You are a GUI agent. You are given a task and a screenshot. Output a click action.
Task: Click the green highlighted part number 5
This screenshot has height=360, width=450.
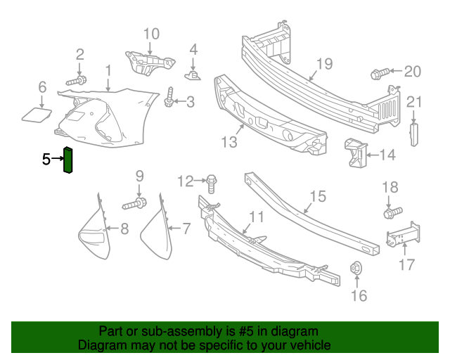click(x=69, y=160)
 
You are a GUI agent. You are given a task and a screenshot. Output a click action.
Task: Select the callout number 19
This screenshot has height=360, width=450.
click(x=323, y=65)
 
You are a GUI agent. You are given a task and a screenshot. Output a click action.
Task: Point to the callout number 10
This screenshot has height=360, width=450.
click(x=151, y=34)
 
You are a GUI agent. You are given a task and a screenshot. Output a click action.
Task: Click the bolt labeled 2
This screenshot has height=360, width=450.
click(x=78, y=80)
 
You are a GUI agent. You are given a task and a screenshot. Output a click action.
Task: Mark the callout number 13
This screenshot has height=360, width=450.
click(x=229, y=143)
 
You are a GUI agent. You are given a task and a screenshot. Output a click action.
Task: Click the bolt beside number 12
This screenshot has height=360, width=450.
click(x=211, y=185)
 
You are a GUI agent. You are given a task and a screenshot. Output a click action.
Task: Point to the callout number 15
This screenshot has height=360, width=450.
click(x=318, y=196)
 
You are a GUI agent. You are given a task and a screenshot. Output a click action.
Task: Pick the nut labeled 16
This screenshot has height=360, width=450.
click(x=356, y=269)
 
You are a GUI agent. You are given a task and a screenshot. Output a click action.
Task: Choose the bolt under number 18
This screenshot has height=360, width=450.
click(x=392, y=211)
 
